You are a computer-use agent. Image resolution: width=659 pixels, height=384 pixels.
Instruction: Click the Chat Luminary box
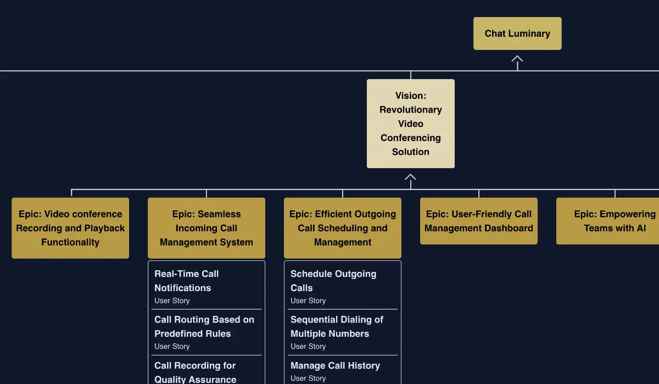click(x=517, y=34)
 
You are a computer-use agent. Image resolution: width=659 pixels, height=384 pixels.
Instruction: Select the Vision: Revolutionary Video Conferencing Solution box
click(x=410, y=124)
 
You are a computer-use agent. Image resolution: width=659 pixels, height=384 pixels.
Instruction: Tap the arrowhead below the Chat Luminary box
click(x=517, y=59)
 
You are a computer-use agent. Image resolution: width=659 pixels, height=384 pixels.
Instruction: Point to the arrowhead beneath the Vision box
click(x=410, y=177)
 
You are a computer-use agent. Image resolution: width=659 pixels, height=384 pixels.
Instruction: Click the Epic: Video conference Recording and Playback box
click(x=70, y=228)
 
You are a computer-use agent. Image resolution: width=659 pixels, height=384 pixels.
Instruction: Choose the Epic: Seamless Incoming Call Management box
click(x=206, y=228)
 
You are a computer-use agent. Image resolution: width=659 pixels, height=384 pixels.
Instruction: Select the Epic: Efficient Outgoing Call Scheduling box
click(x=343, y=228)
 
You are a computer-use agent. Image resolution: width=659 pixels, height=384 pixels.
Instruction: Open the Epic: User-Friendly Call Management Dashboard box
click(x=478, y=221)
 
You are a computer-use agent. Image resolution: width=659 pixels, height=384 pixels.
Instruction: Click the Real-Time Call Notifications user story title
click(x=186, y=281)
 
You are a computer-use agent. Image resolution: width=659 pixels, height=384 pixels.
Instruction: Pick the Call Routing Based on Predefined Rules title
click(x=204, y=326)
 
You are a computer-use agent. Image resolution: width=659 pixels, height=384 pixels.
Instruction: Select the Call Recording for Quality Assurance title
click(x=195, y=372)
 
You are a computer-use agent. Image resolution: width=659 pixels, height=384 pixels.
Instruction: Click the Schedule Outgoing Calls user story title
click(x=333, y=281)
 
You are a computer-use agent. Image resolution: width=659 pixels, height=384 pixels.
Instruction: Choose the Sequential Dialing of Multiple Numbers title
click(x=337, y=326)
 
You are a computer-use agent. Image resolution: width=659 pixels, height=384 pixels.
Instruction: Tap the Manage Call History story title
click(x=335, y=366)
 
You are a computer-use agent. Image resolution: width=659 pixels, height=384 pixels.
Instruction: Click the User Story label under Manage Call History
click(x=308, y=379)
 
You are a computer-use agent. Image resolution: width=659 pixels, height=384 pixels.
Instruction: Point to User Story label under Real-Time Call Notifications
click(x=172, y=301)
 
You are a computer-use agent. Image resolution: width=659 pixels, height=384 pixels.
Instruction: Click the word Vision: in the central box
click(x=410, y=96)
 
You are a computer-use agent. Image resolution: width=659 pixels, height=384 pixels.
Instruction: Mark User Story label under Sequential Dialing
click(x=308, y=347)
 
